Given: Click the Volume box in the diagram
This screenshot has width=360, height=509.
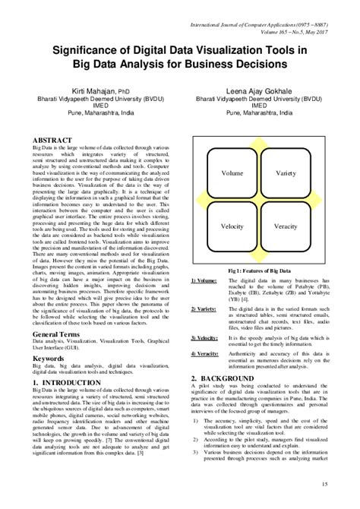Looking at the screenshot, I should [x=232, y=174].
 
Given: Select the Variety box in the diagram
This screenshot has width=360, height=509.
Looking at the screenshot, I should [x=286, y=174].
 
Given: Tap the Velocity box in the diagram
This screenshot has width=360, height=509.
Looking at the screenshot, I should [x=232, y=226].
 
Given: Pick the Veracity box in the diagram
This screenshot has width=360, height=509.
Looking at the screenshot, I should [x=286, y=226].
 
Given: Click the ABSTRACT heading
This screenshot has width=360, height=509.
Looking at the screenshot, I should [x=52, y=141].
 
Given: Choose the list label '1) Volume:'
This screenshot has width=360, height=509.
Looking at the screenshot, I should [x=204, y=281].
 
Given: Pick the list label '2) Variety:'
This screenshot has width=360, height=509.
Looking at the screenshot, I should [x=204, y=309].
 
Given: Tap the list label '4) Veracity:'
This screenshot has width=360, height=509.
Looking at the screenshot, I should [x=204, y=355].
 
